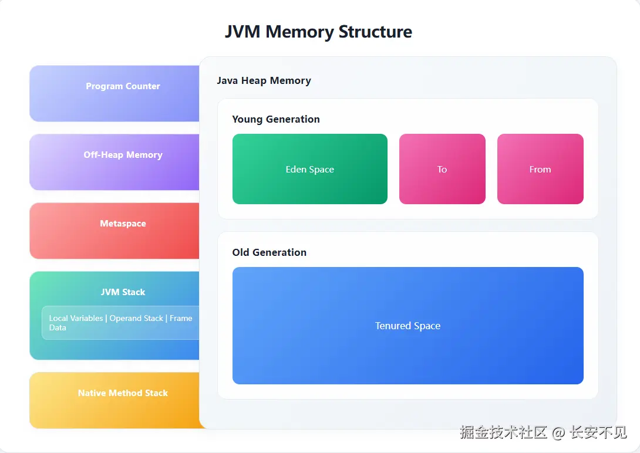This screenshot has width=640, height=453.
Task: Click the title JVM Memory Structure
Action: (x=318, y=31)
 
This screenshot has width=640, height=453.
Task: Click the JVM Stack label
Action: (x=123, y=292)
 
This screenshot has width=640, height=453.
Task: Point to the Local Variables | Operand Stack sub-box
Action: (x=120, y=323)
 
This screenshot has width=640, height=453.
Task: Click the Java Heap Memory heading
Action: (x=264, y=80)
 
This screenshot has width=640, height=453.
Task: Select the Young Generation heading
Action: (x=276, y=119)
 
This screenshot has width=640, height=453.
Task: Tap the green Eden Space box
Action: (x=309, y=169)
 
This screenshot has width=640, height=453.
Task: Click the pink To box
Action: (x=442, y=169)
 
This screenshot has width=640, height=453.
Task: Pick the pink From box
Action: (x=540, y=169)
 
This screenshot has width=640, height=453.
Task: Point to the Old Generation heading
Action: (x=269, y=252)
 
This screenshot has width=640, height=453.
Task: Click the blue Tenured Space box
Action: (x=407, y=326)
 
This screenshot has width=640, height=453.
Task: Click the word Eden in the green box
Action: (x=296, y=170)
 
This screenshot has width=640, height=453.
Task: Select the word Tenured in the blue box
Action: (x=392, y=326)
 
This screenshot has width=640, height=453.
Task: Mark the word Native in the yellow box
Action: (x=92, y=393)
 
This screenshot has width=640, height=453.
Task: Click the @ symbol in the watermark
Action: (x=558, y=433)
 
